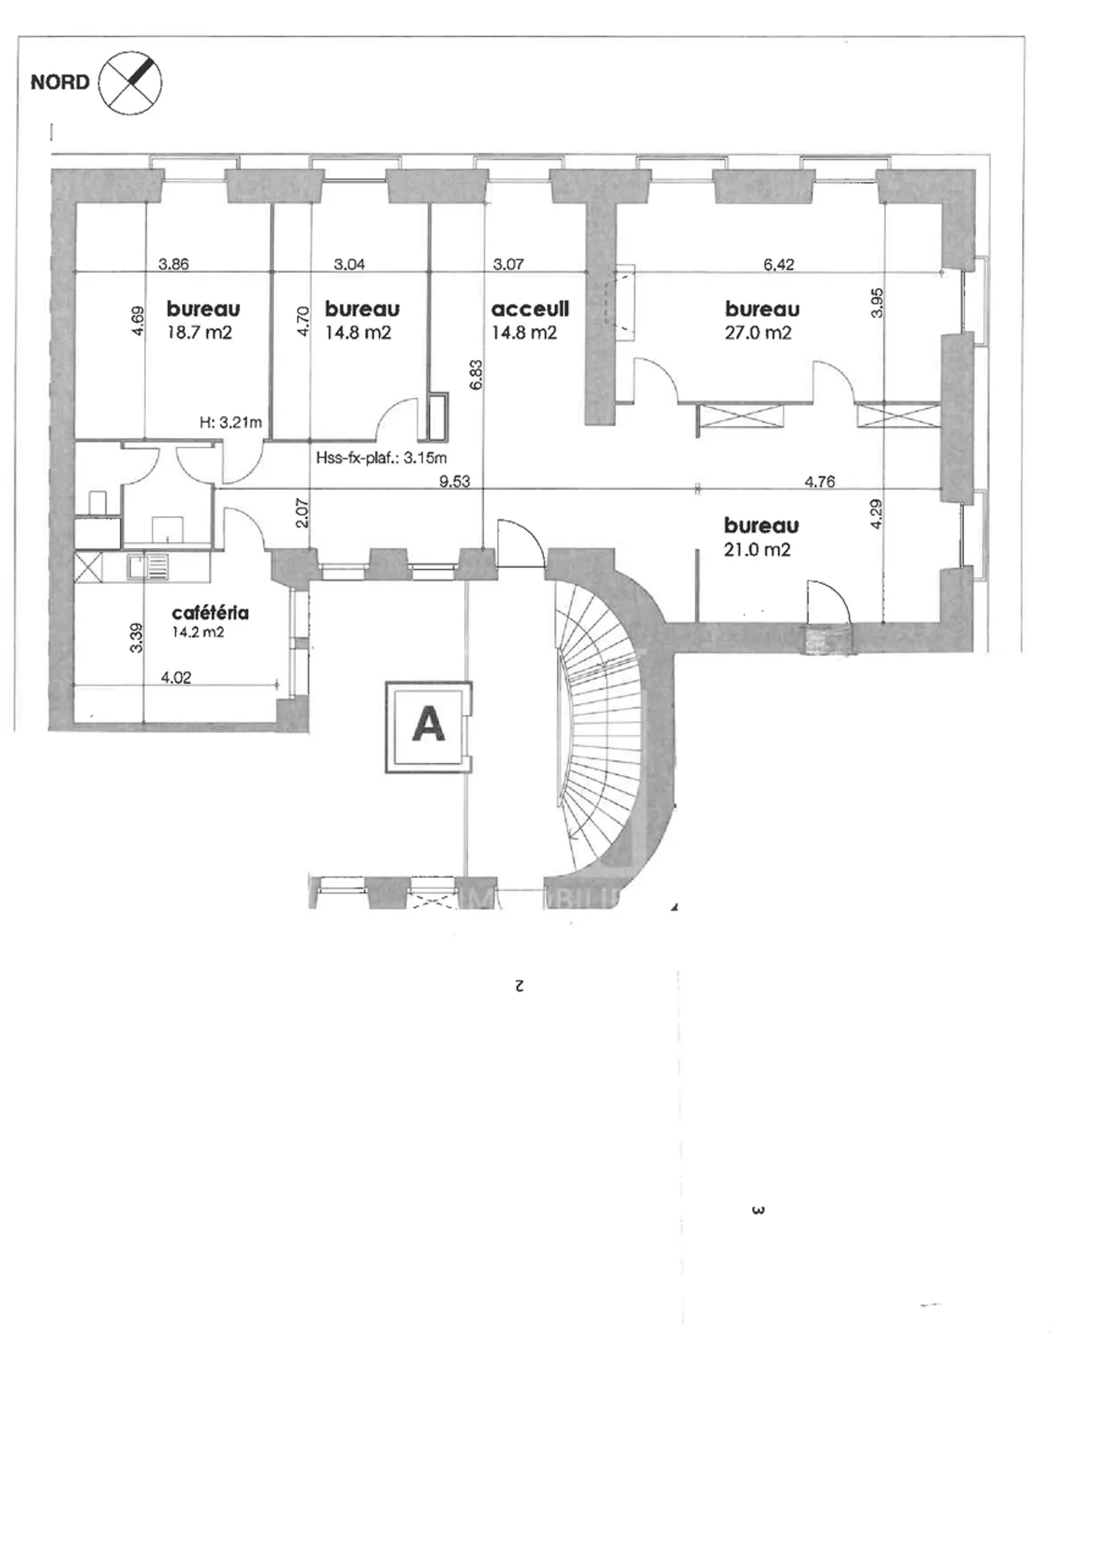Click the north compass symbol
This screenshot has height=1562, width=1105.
point(130,82)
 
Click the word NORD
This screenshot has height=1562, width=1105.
point(60,82)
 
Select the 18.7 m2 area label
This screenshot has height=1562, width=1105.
point(199,333)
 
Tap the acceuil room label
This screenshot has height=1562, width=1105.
point(529,309)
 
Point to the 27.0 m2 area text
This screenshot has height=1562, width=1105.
point(757,333)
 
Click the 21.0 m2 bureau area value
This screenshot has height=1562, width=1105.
point(757,550)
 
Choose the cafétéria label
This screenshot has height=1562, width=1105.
point(209,613)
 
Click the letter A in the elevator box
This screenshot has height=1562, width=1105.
point(428,724)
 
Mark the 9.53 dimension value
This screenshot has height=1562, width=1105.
point(454,482)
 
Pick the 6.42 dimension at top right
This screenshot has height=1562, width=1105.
point(778,265)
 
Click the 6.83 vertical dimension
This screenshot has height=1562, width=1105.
point(476,375)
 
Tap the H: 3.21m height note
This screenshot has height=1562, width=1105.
point(230,423)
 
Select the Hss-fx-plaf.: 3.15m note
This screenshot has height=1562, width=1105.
point(381,459)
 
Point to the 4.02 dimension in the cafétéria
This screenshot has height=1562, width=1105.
point(176,677)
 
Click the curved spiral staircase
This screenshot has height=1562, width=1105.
point(602,736)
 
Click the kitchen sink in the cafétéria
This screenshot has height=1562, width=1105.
point(148,567)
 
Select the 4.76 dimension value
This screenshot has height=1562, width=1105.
point(819,482)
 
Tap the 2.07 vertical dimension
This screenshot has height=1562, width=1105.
point(302,512)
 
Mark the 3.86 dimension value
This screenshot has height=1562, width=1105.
point(173,265)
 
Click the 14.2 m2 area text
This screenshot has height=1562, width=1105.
point(197,633)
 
